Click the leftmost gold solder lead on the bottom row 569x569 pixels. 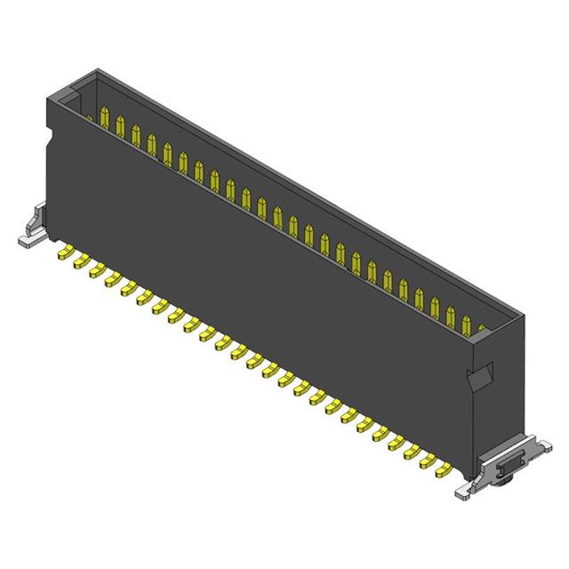coord(65,255)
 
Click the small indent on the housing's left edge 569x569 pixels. coord(50,142)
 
